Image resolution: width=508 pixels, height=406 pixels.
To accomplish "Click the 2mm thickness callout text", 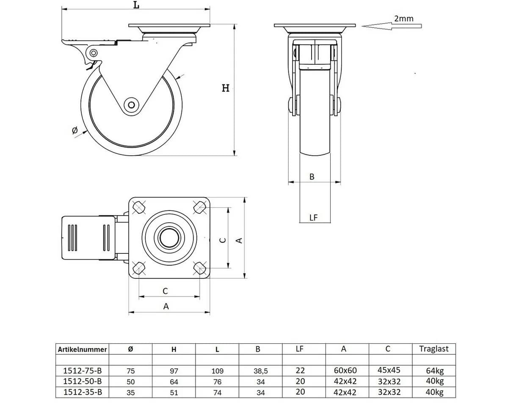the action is coord(404,19).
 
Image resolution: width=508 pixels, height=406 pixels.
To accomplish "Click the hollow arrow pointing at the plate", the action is coord(392,26).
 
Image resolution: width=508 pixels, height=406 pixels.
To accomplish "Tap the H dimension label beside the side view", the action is coord(226,88).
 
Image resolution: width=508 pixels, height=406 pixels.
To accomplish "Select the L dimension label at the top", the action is coord(136,5).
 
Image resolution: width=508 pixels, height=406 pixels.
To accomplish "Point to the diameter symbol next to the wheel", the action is coord(75,130).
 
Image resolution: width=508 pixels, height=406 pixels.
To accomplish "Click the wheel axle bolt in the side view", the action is coord(132,105).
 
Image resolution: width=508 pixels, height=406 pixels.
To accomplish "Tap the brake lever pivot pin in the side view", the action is coord(94,52).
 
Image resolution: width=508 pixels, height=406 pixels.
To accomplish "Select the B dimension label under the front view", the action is coord(312,177).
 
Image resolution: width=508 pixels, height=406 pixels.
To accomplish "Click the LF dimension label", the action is coord(314,217).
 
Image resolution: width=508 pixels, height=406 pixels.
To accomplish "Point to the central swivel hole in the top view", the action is coord(169,238).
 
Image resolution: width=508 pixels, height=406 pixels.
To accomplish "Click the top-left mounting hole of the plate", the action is coord(139,207).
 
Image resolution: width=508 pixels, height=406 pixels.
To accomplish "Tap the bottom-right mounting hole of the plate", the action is coord(200,268).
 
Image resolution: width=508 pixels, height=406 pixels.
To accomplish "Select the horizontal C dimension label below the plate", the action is coord(165,291).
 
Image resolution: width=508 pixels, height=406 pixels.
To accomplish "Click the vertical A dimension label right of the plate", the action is coord(239,241).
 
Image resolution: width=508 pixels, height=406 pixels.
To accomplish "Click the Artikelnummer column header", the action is coord(83,349).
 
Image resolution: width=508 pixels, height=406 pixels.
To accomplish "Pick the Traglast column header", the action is coord(434,349).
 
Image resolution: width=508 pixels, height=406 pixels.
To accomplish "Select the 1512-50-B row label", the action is coord(83,381).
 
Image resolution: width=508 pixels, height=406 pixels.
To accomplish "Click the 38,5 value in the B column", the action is coord(261,371).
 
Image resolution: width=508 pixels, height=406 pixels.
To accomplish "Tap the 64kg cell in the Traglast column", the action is coord(435,371).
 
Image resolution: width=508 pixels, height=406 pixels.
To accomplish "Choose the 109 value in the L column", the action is coord(217,371).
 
